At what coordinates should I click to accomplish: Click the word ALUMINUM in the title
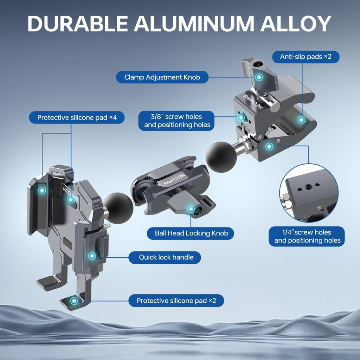194,24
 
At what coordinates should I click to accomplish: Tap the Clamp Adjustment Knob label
162,77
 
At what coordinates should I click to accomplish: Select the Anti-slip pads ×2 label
306,57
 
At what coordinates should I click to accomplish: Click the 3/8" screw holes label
176,121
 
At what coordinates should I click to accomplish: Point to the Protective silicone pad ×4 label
77,117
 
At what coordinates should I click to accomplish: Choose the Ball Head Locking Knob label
190,233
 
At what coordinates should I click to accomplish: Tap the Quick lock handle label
165,257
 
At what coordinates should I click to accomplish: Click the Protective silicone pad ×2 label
176,301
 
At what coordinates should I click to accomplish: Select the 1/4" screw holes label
307,237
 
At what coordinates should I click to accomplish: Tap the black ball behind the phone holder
118,208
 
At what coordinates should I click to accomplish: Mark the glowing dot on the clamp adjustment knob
259,77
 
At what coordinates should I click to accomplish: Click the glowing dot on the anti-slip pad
301,120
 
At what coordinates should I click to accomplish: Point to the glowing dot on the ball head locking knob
191,209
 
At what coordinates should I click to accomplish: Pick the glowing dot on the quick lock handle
92,256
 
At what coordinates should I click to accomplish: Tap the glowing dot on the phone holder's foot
74,301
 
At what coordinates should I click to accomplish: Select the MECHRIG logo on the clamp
253,101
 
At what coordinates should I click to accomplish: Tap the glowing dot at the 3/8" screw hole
240,117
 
